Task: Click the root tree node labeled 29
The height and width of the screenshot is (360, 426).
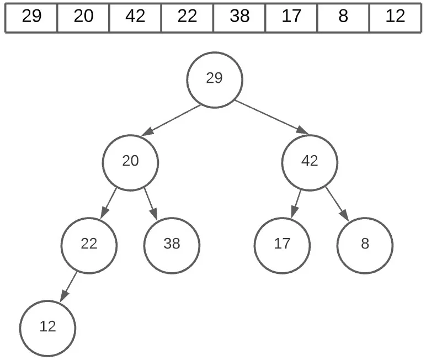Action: [215, 80]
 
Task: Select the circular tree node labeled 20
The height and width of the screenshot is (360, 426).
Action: [130, 162]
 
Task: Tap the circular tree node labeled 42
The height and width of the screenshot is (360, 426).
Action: [310, 162]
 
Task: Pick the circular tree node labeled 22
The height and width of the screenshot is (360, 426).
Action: [89, 246]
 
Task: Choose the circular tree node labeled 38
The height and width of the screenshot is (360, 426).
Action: [172, 246]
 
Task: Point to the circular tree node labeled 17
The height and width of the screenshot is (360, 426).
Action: [282, 246]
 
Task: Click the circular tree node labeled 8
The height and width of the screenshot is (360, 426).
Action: [365, 246]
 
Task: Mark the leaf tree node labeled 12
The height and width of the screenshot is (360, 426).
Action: [47, 329]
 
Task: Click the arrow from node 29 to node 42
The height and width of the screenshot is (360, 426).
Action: [272, 118]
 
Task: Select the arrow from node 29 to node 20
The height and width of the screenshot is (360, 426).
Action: [171, 120]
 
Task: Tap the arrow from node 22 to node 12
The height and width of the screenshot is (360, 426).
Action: [68, 287]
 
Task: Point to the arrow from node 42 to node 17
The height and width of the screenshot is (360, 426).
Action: [296, 204]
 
